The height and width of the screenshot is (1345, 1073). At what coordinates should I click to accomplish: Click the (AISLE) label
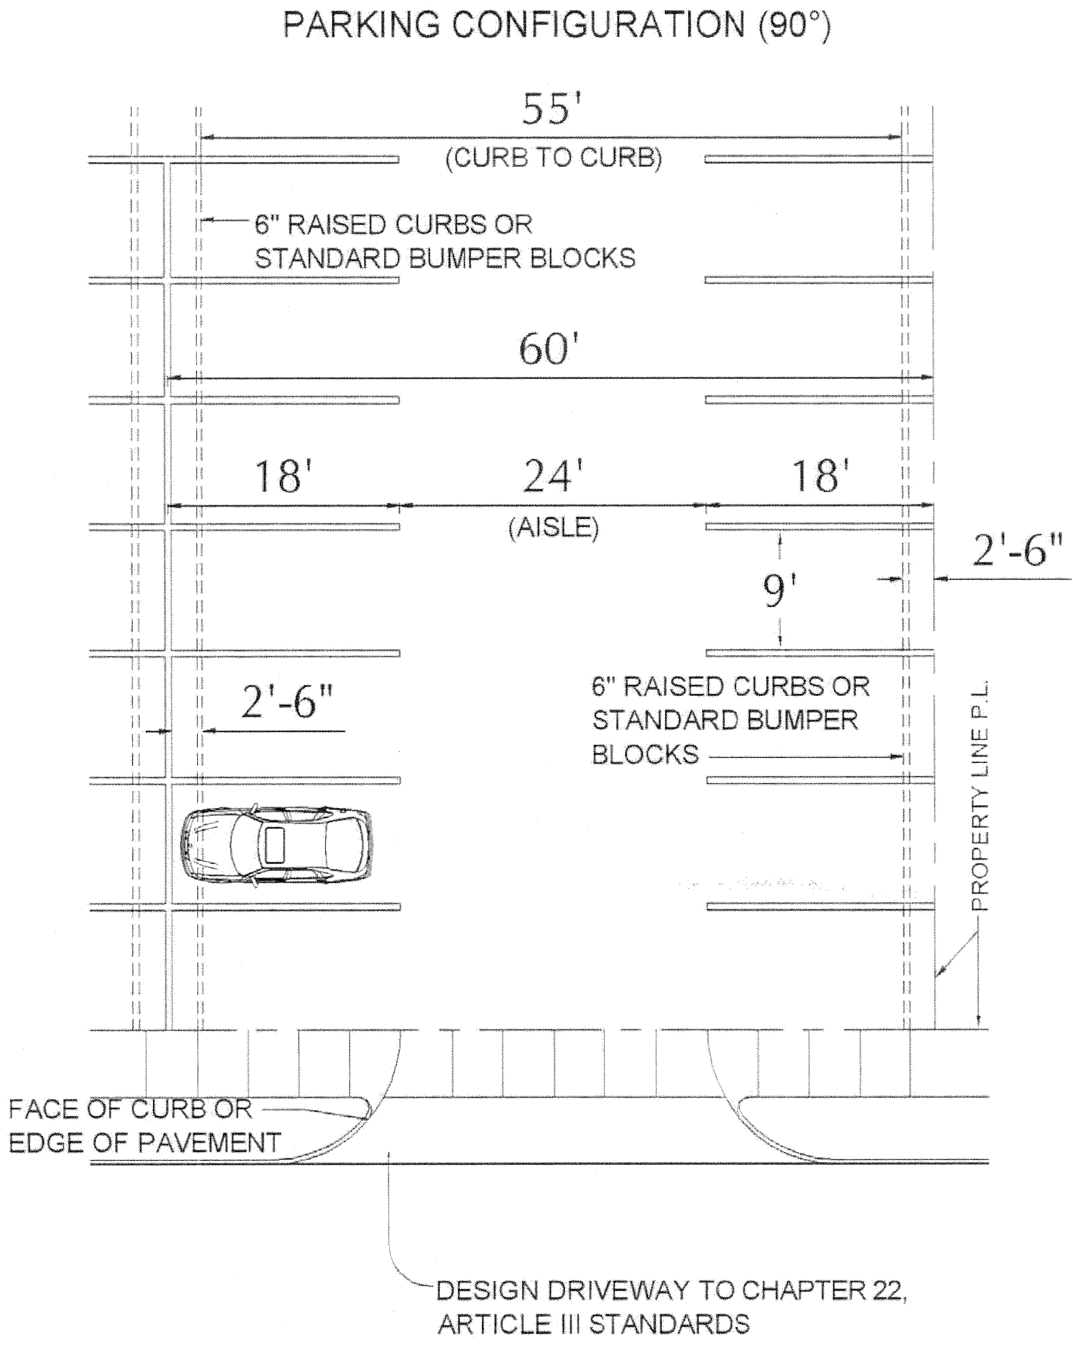pos(553,528)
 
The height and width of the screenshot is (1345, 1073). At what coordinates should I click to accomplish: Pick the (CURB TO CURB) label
pos(553,158)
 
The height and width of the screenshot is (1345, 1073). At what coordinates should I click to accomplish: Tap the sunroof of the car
pos(275,845)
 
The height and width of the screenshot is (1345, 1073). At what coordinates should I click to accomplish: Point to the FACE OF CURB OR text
pos(131,1109)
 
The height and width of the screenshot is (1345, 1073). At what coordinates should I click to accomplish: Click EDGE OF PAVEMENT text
pos(145,1143)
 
